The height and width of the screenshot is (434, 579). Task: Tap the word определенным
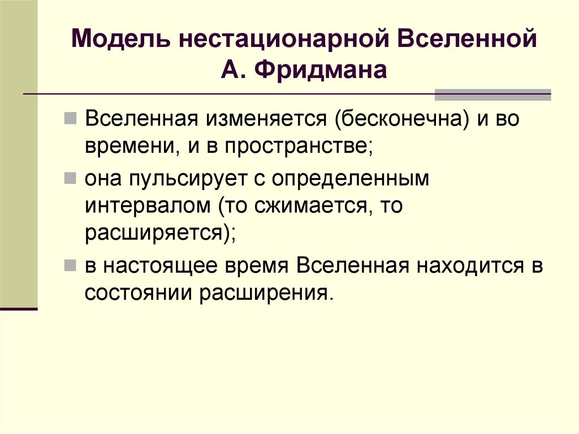[351, 179]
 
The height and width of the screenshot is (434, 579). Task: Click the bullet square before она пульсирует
[70, 179]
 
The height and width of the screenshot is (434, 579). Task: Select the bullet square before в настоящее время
[70, 266]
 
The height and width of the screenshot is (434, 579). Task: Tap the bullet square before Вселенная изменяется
[70, 121]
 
